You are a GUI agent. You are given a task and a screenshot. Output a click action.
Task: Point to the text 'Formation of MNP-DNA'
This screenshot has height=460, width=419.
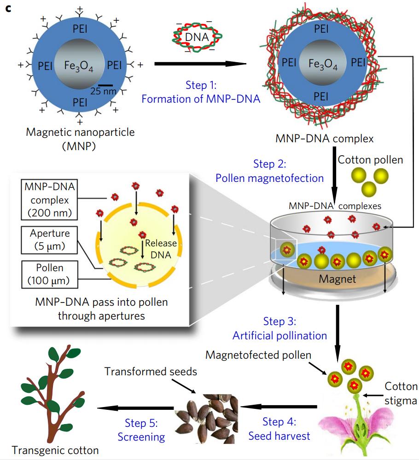pos(201,99)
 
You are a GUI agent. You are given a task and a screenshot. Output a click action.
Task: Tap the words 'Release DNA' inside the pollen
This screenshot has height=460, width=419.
pos(157,249)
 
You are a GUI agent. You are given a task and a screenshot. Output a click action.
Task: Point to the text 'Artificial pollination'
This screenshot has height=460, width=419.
pos(279,335)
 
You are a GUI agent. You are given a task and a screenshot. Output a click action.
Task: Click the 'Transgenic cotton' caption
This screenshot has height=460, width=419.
pos(55,450)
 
